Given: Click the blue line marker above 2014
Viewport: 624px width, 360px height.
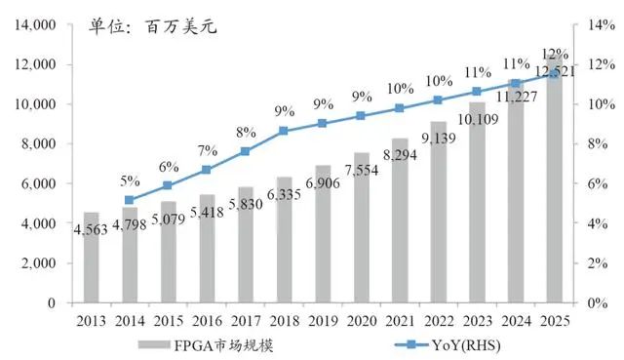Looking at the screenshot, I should [x=131, y=200].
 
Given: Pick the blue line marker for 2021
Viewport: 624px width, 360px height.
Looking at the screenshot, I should [x=399, y=108].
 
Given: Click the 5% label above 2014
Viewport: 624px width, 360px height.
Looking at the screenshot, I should [x=131, y=180].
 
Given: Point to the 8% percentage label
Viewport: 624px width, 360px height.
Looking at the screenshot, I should [x=246, y=131].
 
